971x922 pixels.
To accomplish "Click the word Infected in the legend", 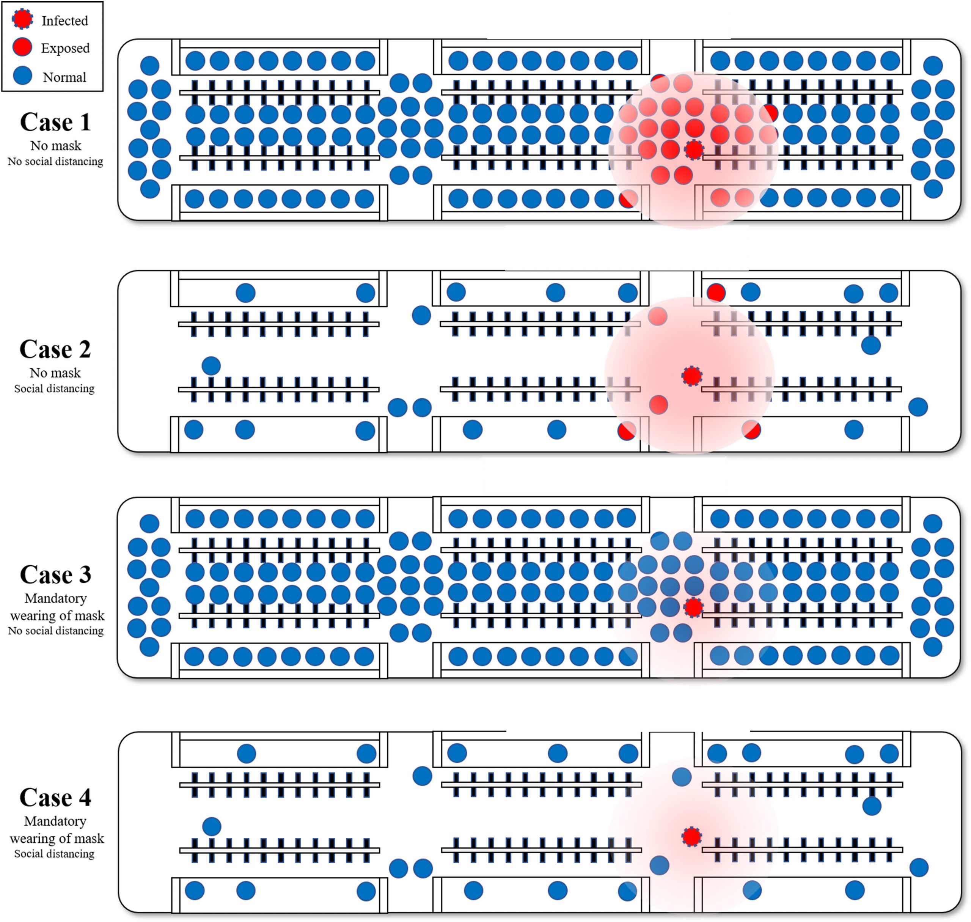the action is [64, 20].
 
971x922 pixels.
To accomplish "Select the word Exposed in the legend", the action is [65, 48].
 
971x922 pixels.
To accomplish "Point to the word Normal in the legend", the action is [64, 77].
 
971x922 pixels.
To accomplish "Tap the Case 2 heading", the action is [55, 349].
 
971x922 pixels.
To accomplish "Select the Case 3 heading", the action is [55, 574].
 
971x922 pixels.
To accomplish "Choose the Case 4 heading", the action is [55, 797].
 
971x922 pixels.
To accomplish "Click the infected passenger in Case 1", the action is [694, 150].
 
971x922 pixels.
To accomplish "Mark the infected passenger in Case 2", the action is [692, 376].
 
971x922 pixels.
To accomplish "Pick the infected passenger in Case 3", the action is [693, 608].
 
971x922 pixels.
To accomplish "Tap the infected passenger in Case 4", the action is [692, 837].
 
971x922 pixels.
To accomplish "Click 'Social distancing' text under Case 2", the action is [55, 389].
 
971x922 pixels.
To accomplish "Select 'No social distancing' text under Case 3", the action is [55, 631].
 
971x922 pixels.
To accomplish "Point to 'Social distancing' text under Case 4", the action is [55, 854].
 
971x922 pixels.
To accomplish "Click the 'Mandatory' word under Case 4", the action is [55, 821].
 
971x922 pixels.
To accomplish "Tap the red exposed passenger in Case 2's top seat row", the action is [716, 293].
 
